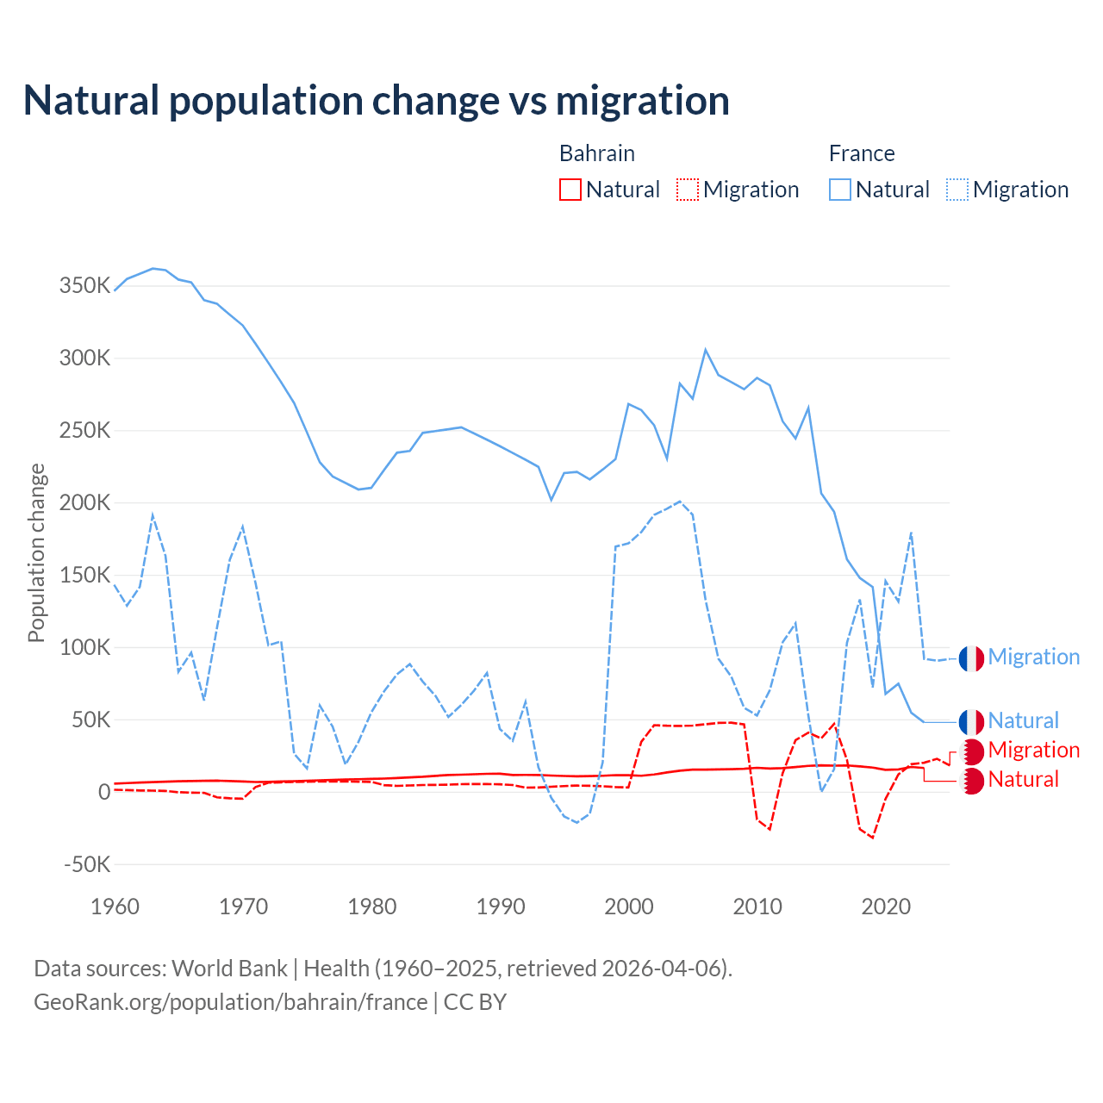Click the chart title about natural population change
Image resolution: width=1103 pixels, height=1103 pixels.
(x=377, y=101)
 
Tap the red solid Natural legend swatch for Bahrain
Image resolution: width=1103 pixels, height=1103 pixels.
(x=570, y=190)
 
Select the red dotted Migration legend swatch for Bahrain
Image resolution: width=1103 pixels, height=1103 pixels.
(x=688, y=190)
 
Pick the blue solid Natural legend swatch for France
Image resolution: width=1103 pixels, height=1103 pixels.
(x=840, y=190)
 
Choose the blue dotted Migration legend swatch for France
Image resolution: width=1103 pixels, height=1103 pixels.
(x=957, y=190)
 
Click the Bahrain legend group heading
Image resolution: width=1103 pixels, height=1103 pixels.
(x=596, y=153)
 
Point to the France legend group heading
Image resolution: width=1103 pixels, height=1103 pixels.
(x=862, y=153)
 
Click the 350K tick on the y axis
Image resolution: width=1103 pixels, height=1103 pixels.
(x=84, y=286)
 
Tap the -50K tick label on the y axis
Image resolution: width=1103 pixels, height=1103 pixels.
(x=86, y=864)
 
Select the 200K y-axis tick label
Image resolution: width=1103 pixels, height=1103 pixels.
(x=84, y=503)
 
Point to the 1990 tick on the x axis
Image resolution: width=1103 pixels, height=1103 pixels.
(x=501, y=907)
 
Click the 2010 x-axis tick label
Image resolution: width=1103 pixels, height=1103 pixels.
(x=757, y=907)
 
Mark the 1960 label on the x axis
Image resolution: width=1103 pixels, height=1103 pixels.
(x=115, y=907)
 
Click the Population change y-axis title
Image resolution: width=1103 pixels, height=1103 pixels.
(x=36, y=552)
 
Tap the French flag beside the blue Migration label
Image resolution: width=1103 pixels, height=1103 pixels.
(x=971, y=658)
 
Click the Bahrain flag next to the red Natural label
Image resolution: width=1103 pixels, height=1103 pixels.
(x=971, y=781)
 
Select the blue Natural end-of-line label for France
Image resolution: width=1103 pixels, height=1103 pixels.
(x=1023, y=720)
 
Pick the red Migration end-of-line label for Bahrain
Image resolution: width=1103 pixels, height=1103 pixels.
(x=1033, y=750)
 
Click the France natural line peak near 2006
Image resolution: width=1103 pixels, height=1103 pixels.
(x=706, y=350)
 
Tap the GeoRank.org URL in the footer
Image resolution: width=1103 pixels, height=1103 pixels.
(x=231, y=1002)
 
